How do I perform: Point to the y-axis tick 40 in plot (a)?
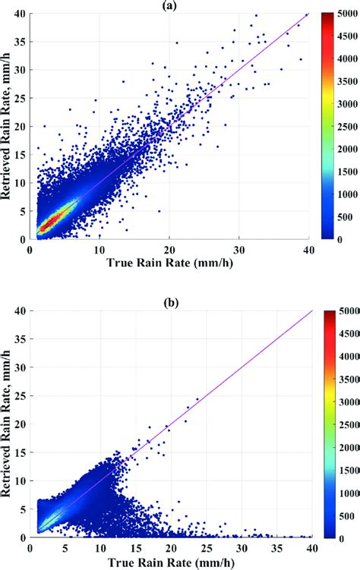tap(21, 14)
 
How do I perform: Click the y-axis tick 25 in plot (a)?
tap(21, 99)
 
